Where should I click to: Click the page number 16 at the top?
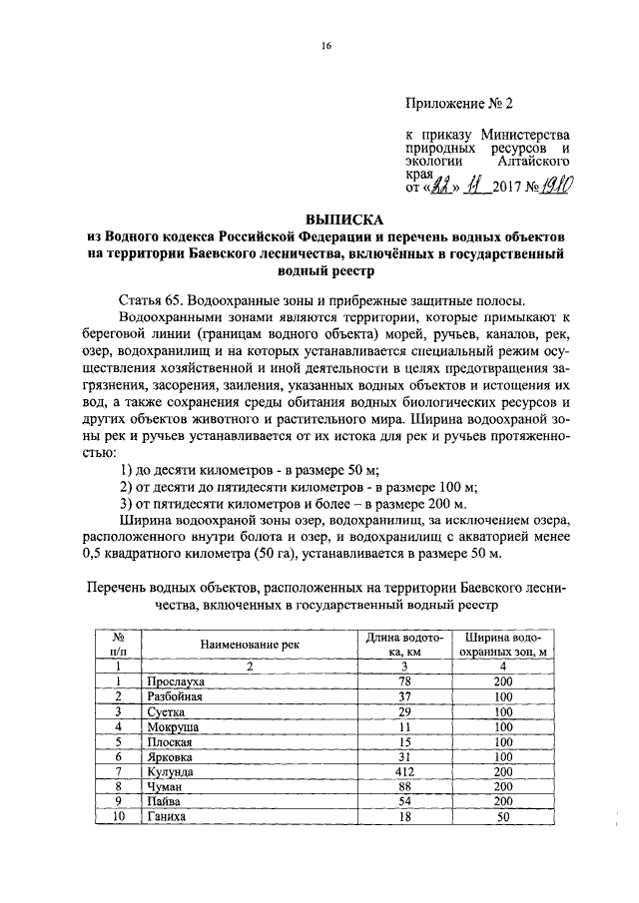click(324, 46)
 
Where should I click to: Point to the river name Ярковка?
click(171, 756)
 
